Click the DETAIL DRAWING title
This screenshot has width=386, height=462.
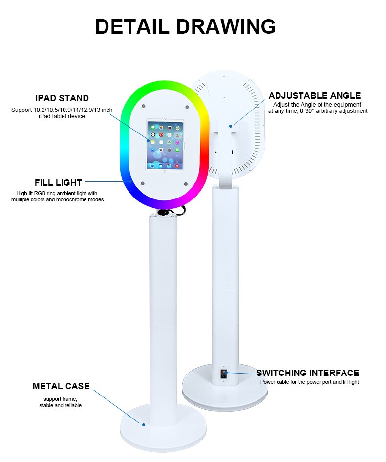click(x=185, y=26)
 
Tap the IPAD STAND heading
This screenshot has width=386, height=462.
click(x=62, y=99)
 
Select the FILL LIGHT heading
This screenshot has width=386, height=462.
click(x=58, y=183)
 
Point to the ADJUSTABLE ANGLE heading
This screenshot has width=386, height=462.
click(x=315, y=96)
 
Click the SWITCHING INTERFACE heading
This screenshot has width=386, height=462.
click(x=308, y=373)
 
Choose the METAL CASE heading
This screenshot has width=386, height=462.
click(x=61, y=386)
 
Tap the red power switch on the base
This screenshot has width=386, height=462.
click(x=224, y=374)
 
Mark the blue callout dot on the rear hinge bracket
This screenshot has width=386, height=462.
click(x=230, y=126)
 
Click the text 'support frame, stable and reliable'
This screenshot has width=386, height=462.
click(x=60, y=403)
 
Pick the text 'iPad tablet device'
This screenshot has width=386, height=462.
click(x=62, y=116)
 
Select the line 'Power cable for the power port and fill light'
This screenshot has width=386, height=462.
click(x=309, y=382)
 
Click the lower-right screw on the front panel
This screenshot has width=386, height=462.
click(x=186, y=184)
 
